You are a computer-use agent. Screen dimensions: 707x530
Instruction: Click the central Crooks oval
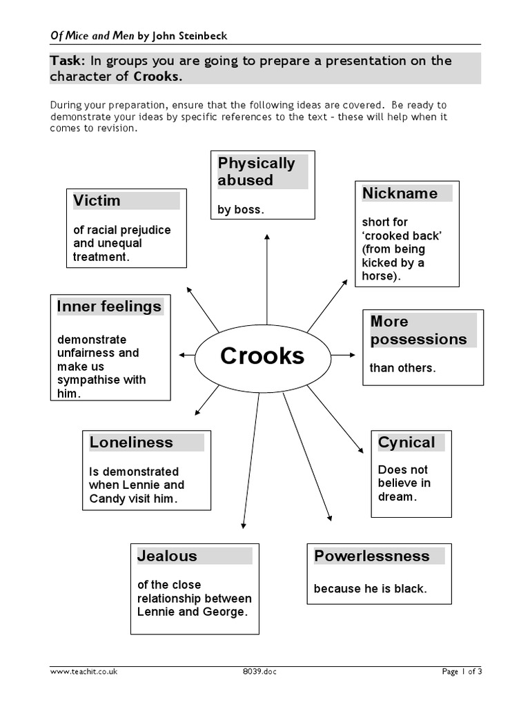[262, 356]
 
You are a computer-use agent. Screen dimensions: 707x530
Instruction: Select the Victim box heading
[97, 201]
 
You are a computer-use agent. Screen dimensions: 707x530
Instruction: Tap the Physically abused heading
[256, 172]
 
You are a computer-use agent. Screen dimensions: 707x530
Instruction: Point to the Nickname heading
[400, 193]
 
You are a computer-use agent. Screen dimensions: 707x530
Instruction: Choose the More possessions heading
[418, 331]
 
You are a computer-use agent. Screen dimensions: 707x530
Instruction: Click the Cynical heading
[406, 443]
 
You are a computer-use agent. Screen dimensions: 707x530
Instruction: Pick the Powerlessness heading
[371, 556]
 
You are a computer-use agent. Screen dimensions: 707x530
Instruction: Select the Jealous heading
[167, 556]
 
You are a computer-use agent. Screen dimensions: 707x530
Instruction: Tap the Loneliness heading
[131, 443]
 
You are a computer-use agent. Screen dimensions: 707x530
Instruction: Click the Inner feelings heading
[109, 307]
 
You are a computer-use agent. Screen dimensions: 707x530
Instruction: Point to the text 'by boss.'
[240, 210]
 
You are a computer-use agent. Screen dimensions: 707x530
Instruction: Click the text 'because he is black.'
[370, 589]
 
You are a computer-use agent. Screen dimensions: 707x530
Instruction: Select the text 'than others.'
[402, 368]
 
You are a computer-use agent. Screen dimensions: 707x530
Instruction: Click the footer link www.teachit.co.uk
[84, 672]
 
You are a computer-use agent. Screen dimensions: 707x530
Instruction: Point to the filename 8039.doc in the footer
[259, 672]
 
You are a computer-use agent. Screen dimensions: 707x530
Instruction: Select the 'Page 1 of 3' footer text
[461, 672]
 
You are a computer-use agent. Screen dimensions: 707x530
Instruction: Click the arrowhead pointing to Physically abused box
[267, 237]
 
